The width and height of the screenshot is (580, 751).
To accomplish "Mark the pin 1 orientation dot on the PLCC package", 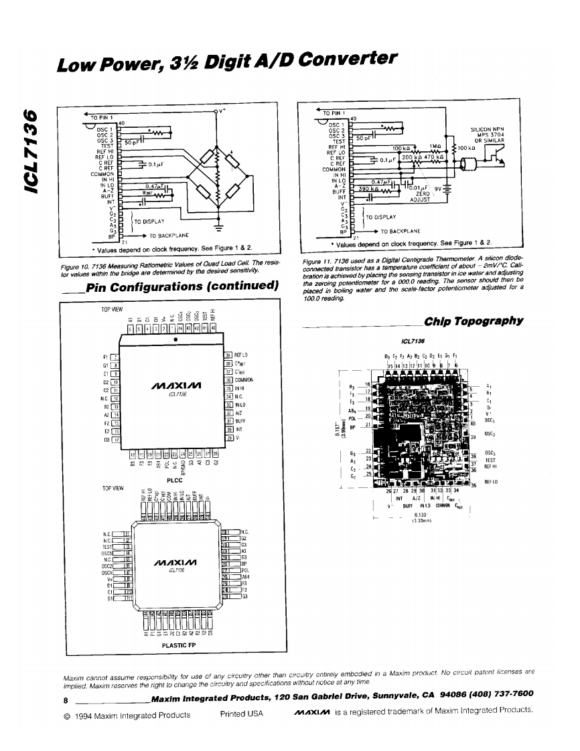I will point(175,339).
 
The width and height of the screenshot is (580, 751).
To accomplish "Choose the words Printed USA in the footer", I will point(241,714).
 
